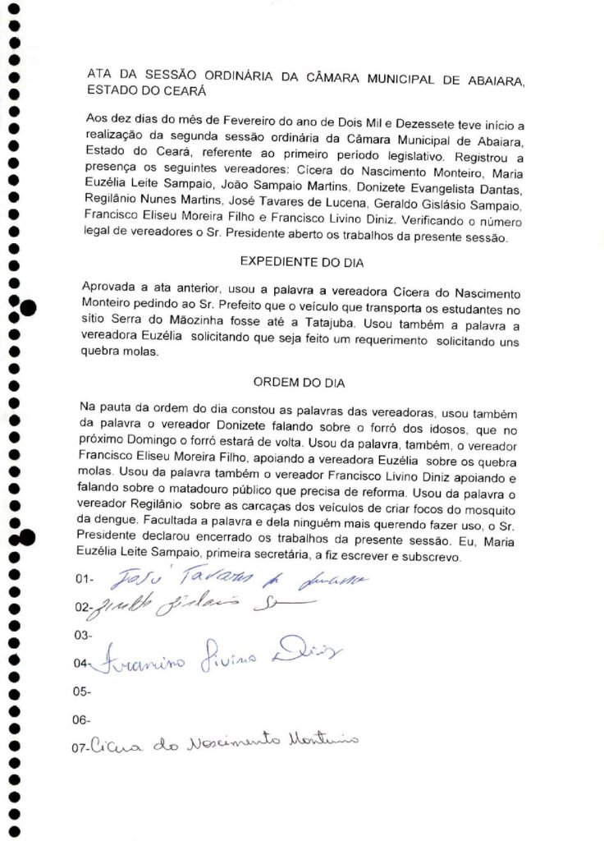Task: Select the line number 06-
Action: click(x=82, y=720)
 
